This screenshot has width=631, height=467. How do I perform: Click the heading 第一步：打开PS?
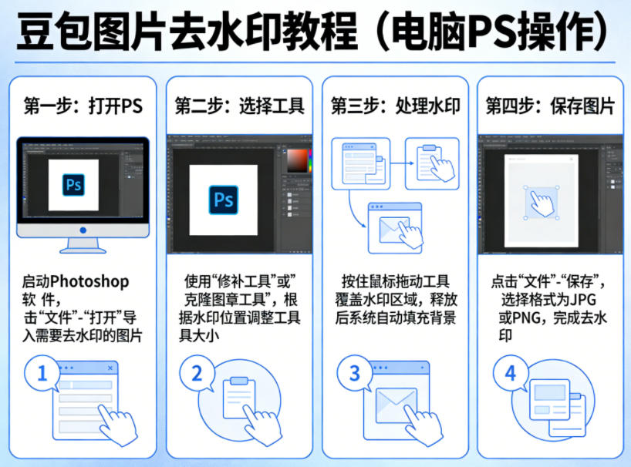point(83,106)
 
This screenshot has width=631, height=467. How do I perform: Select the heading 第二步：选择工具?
point(239,106)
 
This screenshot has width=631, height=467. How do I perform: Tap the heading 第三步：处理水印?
point(395,106)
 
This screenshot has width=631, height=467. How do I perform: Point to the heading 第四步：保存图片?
point(550,106)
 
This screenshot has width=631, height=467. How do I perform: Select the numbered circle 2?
point(197,375)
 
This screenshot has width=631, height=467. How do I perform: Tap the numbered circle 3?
point(355,375)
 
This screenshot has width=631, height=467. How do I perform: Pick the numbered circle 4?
point(510,375)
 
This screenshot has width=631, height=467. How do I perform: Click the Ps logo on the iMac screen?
point(74,186)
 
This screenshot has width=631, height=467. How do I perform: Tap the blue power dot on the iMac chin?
point(83,230)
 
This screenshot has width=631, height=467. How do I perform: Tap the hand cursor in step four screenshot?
point(543,203)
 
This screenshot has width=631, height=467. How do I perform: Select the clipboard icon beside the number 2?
point(239,397)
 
